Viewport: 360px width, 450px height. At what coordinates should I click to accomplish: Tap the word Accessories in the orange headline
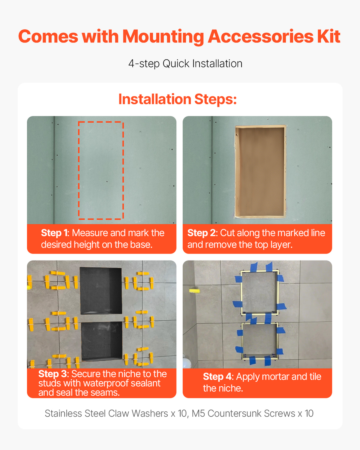point(260,36)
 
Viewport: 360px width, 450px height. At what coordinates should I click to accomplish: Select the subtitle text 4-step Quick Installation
point(185,64)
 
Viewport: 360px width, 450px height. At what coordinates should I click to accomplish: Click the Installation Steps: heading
point(177,99)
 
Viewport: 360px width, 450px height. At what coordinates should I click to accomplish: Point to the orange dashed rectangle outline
point(78,170)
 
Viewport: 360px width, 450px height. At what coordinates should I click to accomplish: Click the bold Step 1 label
point(54,233)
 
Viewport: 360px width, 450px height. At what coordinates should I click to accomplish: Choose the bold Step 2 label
point(202,233)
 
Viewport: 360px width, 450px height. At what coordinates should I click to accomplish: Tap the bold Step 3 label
point(53,374)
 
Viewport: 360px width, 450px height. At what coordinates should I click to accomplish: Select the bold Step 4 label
point(218,376)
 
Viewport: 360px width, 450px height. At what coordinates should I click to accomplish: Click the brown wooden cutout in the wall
point(260,171)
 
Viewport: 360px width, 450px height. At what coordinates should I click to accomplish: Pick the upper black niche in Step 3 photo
point(100,291)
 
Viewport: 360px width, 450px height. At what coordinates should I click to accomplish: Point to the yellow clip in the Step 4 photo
point(195,291)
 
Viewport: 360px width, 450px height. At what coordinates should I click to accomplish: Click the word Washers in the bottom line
point(150,413)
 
